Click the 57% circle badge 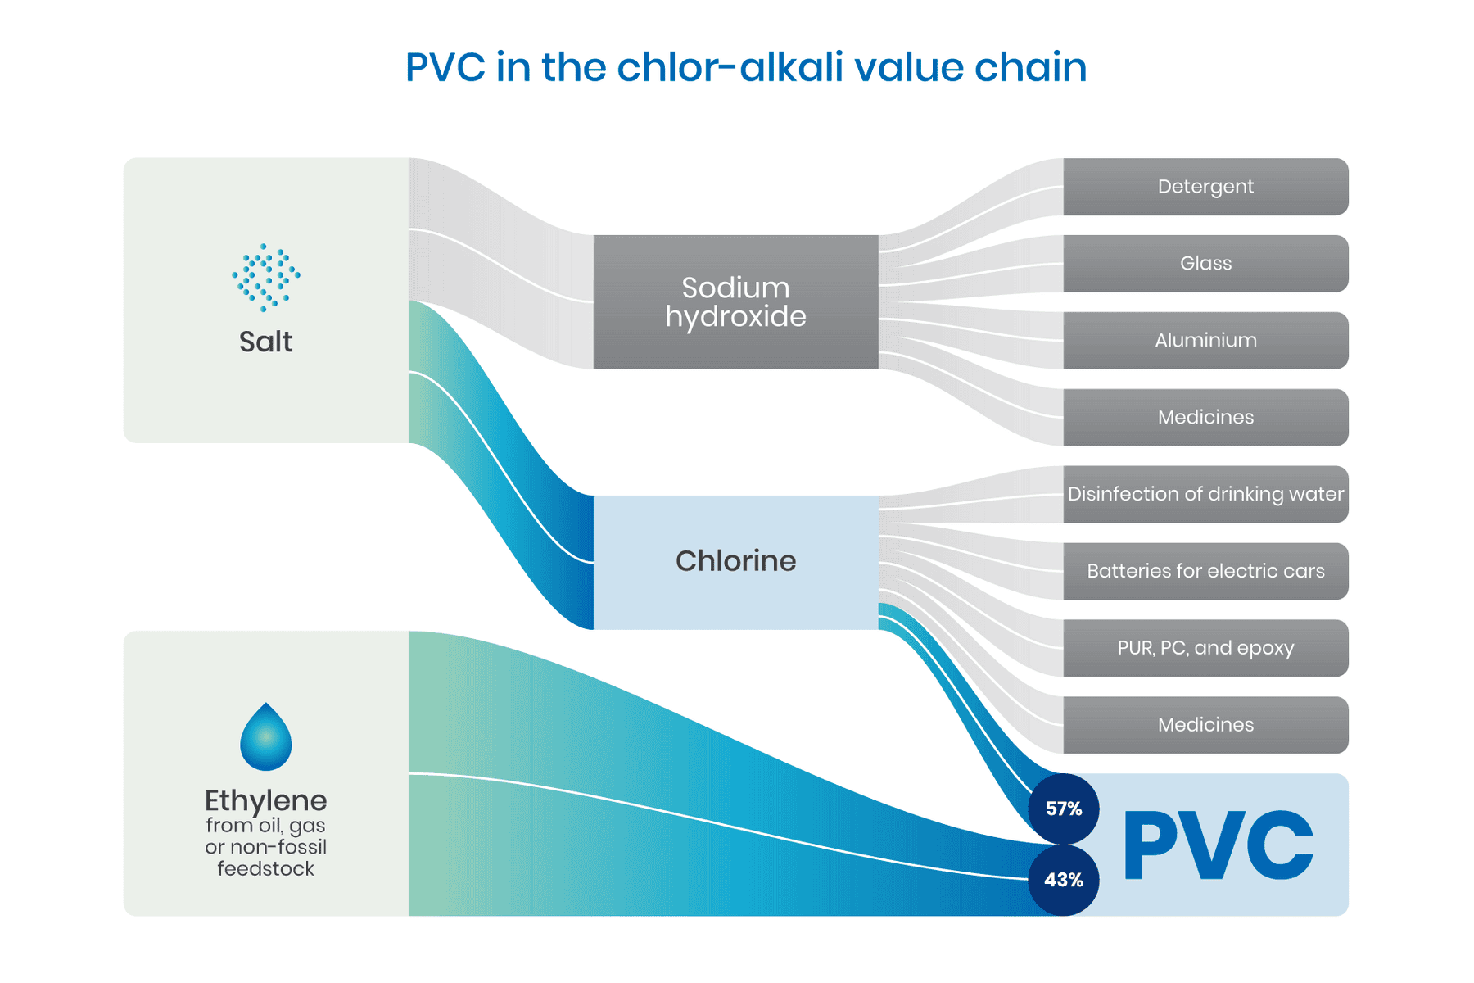1063,809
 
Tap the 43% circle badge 1063,880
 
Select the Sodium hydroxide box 735,301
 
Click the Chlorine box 735,562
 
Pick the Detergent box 1205,187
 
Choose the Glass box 1205,264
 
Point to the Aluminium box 1205,341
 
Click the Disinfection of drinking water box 1205,494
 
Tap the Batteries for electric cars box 1205,571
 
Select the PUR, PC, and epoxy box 1205,648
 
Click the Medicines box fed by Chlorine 1205,725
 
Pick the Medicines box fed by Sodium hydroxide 1205,418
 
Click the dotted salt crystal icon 265,277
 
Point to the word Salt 265,342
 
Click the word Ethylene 265,800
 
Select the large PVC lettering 1218,845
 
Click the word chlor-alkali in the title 730,67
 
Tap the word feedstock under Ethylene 265,869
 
